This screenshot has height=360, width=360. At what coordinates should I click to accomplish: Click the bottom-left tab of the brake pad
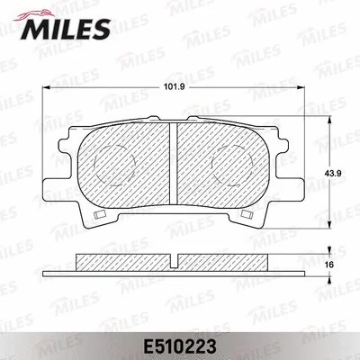[x=97, y=215]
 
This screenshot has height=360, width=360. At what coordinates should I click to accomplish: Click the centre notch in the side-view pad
[x=172, y=260]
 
